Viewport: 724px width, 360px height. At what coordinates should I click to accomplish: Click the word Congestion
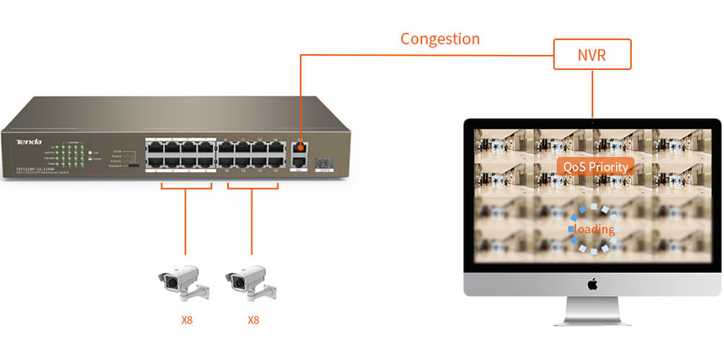pyautogui.click(x=440, y=38)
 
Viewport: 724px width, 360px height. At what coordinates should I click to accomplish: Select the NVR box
pyautogui.click(x=592, y=54)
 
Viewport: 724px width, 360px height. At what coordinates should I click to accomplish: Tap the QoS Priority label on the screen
pyautogui.click(x=595, y=167)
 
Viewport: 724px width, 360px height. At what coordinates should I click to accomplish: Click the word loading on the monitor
pyautogui.click(x=594, y=229)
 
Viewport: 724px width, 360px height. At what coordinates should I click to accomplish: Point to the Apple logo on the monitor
pyautogui.click(x=592, y=284)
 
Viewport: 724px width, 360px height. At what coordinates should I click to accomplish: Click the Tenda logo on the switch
pyautogui.click(x=29, y=142)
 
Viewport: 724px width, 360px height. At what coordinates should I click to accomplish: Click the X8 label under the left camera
pyautogui.click(x=187, y=319)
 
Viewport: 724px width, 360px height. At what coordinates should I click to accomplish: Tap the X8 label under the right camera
pyautogui.click(x=253, y=319)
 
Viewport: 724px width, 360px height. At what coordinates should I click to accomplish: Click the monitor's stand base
pyautogui.click(x=592, y=321)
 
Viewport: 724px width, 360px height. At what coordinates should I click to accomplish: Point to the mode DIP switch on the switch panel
pyautogui.click(x=134, y=165)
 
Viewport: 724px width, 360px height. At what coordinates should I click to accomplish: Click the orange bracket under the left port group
pyautogui.click(x=186, y=189)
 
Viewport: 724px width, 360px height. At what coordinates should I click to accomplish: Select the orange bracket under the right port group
pyautogui.click(x=252, y=189)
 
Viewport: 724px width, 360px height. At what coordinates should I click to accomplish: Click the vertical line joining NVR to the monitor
pyautogui.click(x=592, y=94)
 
